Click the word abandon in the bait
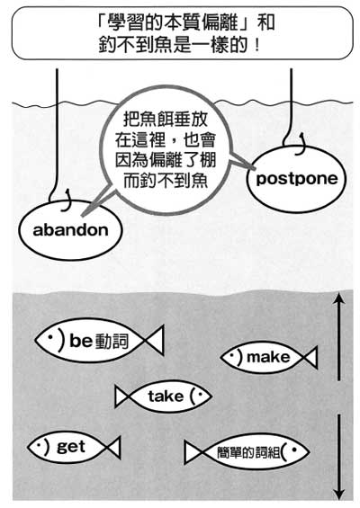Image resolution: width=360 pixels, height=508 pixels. click(x=71, y=230)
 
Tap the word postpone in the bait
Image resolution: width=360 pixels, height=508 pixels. click(x=297, y=179)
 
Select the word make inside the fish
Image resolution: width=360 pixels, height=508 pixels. click(x=268, y=357)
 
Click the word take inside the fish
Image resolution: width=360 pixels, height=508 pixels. click(x=166, y=396)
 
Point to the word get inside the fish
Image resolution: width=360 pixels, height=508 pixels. click(x=71, y=448)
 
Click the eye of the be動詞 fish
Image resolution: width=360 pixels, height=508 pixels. click(x=50, y=337)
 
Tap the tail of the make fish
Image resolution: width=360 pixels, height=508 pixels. click(x=310, y=357)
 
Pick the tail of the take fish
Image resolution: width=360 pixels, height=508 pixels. click(x=122, y=397)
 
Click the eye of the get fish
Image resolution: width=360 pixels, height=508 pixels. click(x=39, y=446)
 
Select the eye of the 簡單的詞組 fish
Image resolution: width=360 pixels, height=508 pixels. click(x=294, y=450)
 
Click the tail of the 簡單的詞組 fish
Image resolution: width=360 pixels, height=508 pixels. click(x=193, y=452)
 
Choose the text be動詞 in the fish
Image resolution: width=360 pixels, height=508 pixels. click(x=99, y=341)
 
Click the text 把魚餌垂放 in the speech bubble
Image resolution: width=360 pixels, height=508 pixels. click(x=166, y=120)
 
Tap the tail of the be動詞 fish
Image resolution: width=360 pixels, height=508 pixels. click(x=155, y=341)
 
